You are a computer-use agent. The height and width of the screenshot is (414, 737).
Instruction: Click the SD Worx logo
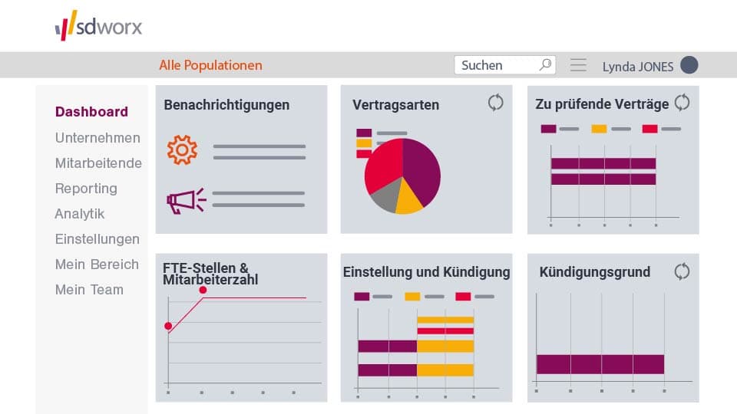[98, 26]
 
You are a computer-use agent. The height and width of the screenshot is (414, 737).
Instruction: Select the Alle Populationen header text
[210, 65]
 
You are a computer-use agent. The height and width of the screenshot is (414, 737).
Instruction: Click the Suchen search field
[497, 65]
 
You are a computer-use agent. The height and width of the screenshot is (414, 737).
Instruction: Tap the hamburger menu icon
[578, 65]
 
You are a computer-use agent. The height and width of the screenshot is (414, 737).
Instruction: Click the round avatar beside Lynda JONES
[689, 65]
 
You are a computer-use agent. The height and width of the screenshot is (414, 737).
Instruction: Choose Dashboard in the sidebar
[91, 112]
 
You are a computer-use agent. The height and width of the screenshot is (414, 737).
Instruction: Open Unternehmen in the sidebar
[97, 138]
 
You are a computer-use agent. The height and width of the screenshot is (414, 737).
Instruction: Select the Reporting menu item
[86, 189]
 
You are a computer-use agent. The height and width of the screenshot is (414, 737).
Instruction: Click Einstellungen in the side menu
[97, 239]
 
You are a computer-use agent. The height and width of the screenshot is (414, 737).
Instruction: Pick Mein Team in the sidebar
[89, 290]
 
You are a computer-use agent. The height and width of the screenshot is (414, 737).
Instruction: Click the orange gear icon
[182, 150]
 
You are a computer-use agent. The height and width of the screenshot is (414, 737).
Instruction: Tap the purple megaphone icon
[186, 201]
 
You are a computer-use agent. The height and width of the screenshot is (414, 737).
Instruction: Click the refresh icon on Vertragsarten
[496, 102]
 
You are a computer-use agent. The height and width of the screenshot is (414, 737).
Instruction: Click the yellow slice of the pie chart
[408, 201]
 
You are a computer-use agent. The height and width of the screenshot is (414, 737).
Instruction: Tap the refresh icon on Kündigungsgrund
[682, 271]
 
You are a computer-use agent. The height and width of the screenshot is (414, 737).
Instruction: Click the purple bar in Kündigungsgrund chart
[600, 364]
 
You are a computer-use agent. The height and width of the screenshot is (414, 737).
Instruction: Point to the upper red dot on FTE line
[203, 290]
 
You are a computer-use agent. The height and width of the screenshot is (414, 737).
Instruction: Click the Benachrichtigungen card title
[226, 105]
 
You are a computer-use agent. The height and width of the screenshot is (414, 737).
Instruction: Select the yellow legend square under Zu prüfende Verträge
[599, 129]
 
